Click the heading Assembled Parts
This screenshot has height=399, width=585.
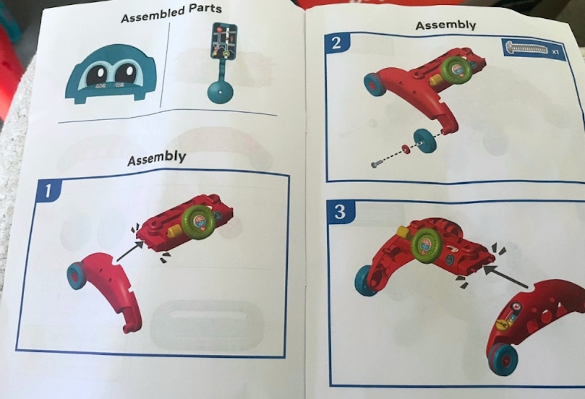(171, 13)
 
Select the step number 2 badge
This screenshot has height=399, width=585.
(337, 44)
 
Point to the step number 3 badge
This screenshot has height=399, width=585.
(340, 212)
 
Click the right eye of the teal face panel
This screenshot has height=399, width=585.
(125, 74)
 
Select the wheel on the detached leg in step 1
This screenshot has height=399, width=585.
(76, 276)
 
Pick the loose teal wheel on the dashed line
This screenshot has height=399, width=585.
(425, 140)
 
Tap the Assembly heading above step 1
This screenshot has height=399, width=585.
(156, 158)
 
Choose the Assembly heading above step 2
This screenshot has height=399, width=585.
(445, 25)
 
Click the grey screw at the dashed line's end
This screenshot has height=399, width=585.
(375, 164)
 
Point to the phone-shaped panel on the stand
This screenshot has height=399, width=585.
(225, 42)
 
